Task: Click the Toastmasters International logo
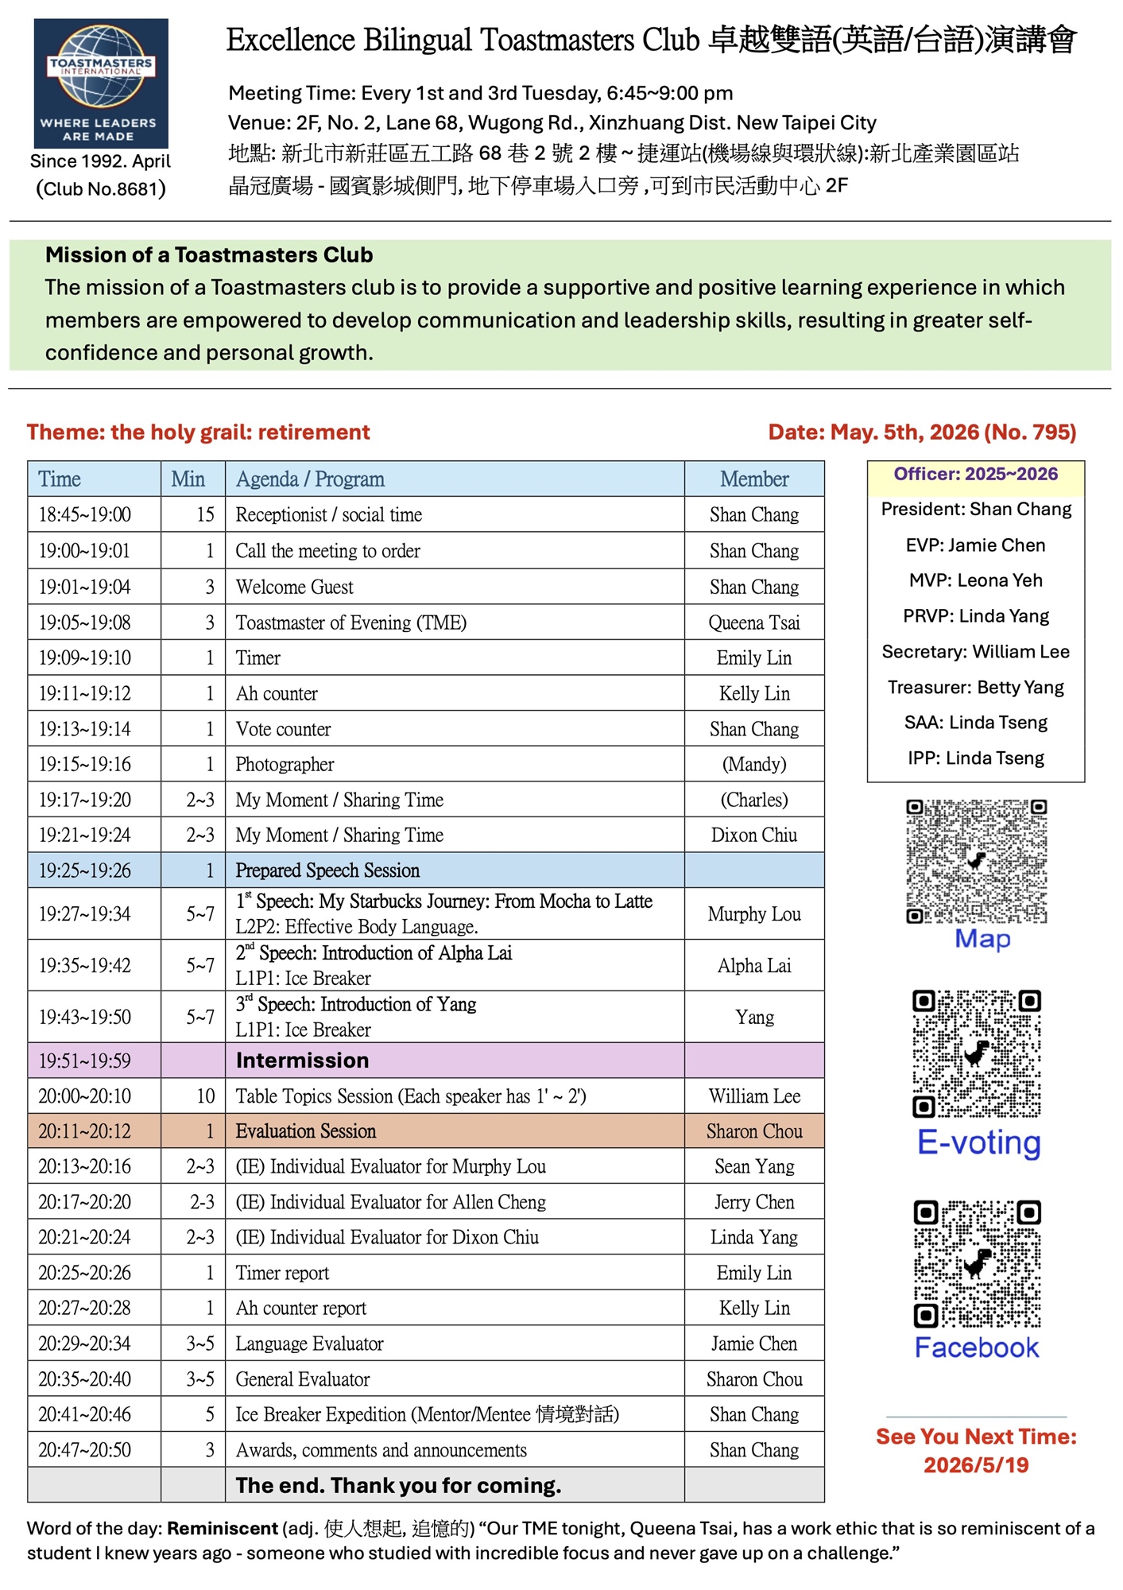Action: (x=101, y=83)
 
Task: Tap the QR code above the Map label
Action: (x=976, y=861)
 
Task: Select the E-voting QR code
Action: (x=977, y=1053)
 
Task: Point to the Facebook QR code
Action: (x=977, y=1264)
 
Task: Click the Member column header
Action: (x=754, y=479)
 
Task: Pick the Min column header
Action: (x=188, y=479)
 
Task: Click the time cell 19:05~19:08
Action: (x=85, y=622)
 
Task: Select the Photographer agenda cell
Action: (x=285, y=765)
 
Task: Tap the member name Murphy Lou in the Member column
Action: (x=754, y=914)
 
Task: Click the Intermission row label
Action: (x=302, y=1061)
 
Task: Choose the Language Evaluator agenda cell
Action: (x=309, y=1344)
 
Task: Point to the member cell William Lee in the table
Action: (x=754, y=1096)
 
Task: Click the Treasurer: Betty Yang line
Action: (x=975, y=688)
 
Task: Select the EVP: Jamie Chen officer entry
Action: (x=975, y=545)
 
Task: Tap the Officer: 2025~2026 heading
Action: (x=975, y=475)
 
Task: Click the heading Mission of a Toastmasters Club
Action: (x=209, y=255)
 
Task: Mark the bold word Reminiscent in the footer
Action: (x=222, y=1529)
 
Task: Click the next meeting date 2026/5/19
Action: (x=976, y=1465)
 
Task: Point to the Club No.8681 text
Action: (x=101, y=189)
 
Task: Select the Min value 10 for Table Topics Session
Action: (x=205, y=1096)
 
